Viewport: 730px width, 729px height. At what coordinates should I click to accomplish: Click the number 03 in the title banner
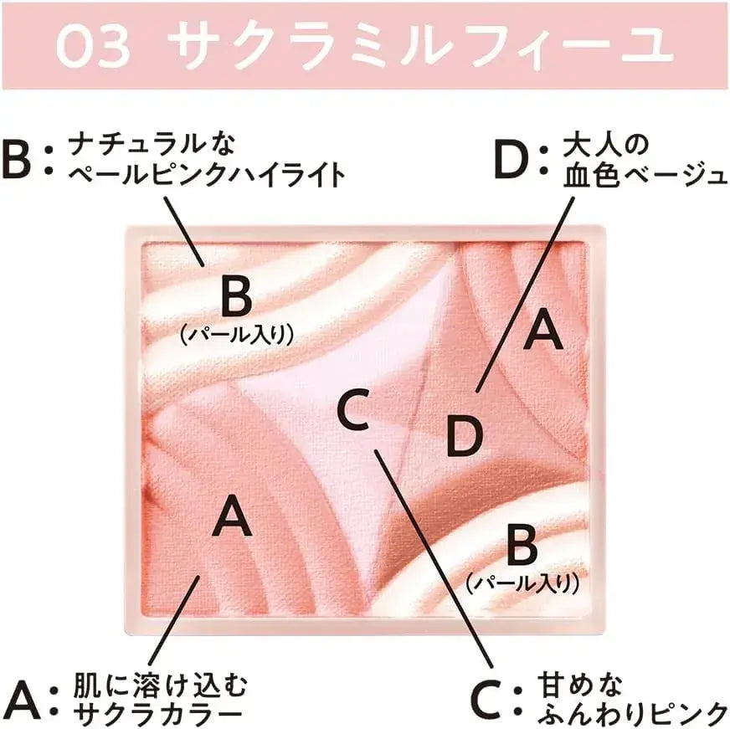click(93, 46)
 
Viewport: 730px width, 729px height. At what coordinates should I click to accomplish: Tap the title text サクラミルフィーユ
click(420, 46)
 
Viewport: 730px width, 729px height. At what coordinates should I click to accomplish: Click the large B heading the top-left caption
click(16, 162)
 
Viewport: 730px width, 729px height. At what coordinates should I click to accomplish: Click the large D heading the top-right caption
click(511, 161)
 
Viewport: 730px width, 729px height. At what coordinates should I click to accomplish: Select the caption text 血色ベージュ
click(645, 175)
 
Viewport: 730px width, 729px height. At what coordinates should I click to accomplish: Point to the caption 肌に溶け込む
click(160, 685)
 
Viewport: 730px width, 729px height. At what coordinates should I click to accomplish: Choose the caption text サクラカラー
click(157, 714)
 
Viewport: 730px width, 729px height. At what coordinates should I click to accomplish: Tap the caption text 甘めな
click(580, 685)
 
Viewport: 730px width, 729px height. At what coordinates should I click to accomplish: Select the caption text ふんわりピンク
click(633, 714)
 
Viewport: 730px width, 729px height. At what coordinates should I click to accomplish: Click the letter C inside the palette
click(353, 409)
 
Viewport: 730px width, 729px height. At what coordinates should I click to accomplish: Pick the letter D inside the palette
click(464, 436)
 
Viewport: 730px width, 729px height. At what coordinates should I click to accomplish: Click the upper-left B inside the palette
click(237, 295)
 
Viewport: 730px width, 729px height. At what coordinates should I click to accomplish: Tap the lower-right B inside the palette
click(522, 543)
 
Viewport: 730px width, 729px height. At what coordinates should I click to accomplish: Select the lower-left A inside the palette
click(232, 516)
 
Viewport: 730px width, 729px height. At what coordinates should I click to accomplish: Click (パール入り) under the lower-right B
click(522, 583)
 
